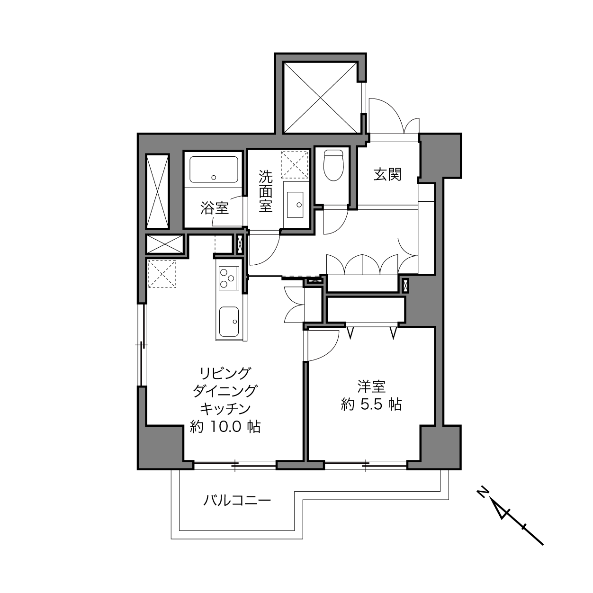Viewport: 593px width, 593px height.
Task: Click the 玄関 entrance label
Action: (x=387, y=175)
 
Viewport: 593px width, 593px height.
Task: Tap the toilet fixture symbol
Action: (x=333, y=165)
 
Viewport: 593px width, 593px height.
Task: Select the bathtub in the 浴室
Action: (x=214, y=170)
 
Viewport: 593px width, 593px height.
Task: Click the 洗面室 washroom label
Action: (x=265, y=191)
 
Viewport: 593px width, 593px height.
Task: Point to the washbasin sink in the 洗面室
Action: (x=295, y=205)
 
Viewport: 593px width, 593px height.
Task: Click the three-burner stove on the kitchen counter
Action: (x=229, y=278)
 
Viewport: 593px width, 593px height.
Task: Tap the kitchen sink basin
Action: (x=229, y=322)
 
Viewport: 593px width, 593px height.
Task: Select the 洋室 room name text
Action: (x=371, y=387)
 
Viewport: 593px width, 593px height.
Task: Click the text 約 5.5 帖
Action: (x=371, y=404)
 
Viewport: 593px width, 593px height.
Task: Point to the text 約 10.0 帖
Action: (x=225, y=427)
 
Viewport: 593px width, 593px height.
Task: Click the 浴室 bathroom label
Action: (x=215, y=208)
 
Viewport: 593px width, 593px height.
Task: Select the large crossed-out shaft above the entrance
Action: (x=321, y=98)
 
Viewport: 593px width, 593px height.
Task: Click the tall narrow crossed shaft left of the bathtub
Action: (x=158, y=191)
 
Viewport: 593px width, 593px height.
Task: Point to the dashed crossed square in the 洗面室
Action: (x=295, y=165)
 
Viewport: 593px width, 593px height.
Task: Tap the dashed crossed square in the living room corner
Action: (x=162, y=274)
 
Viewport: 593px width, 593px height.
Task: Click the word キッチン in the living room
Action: (x=225, y=409)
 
